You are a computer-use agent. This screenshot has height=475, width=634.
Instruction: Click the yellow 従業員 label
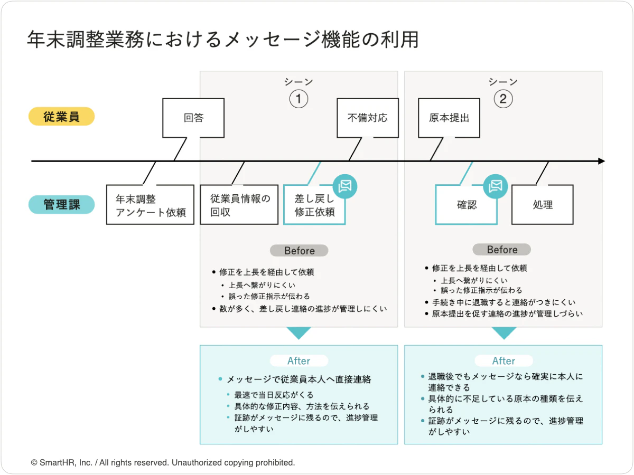pyautogui.click(x=61, y=117)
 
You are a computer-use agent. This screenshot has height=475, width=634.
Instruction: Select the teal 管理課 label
pyautogui.click(x=61, y=205)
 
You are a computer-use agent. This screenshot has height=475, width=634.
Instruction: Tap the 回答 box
pyautogui.click(x=193, y=118)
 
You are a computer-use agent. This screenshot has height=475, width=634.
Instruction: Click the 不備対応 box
pyautogui.click(x=367, y=118)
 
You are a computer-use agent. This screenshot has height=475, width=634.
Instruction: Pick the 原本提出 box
pyautogui.click(x=449, y=118)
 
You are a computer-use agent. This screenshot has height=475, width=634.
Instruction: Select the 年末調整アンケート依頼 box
pyautogui.click(x=151, y=205)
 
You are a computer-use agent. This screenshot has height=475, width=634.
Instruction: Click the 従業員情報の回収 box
pyautogui.click(x=239, y=205)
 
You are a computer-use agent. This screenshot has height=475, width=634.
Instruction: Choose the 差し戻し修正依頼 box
pyautogui.click(x=314, y=205)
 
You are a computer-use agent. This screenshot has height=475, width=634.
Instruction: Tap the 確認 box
pyautogui.click(x=466, y=205)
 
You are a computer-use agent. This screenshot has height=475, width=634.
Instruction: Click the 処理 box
pyautogui.click(x=543, y=205)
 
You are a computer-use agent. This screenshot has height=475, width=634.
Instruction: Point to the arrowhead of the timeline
pyautogui.click(x=601, y=161)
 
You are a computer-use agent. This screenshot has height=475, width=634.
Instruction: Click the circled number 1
pyautogui.click(x=299, y=99)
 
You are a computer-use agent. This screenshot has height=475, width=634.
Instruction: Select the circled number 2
pyautogui.click(x=503, y=99)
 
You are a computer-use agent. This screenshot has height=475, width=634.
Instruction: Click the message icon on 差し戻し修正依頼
pyautogui.click(x=345, y=186)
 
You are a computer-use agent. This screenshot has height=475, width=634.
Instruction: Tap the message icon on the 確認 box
pyautogui.click(x=496, y=186)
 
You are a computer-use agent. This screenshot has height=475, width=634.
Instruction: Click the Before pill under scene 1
pyautogui.click(x=299, y=251)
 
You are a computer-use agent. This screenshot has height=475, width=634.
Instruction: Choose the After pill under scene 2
pyautogui.click(x=503, y=361)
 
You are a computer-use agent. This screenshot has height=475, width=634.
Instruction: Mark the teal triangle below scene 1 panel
pyautogui.click(x=299, y=333)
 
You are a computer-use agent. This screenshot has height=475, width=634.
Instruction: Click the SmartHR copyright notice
pyautogui.click(x=163, y=462)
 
